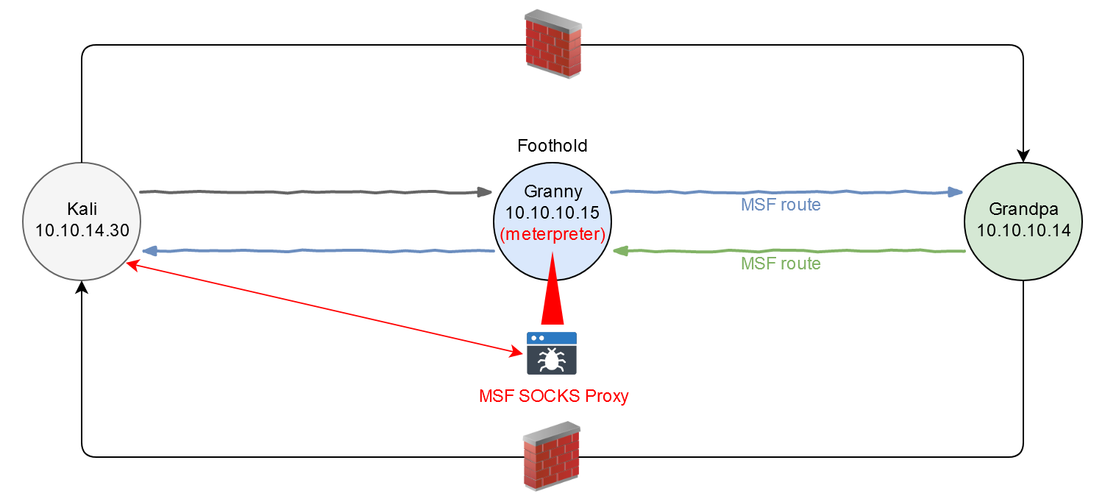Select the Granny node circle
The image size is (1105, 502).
click(x=552, y=221)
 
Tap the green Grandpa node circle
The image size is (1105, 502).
click(x=1023, y=221)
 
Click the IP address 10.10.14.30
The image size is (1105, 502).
click(x=82, y=230)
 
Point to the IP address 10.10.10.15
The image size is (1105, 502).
click(x=552, y=213)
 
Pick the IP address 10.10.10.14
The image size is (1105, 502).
click(x=1023, y=230)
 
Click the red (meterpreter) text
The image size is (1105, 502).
click(x=552, y=235)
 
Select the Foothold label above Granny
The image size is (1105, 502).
click(x=552, y=146)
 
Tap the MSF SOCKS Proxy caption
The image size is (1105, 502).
click(x=554, y=396)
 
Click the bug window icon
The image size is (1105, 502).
click(x=552, y=353)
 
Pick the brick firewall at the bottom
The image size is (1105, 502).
click(x=551, y=456)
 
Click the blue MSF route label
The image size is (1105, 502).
click(x=780, y=205)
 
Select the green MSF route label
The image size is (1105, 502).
click(x=780, y=263)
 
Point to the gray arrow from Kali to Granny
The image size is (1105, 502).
click(x=316, y=193)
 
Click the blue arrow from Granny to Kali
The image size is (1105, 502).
click(x=316, y=252)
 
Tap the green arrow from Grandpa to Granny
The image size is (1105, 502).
click(x=787, y=252)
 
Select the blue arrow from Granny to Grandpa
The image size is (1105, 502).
click(x=787, y=193)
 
